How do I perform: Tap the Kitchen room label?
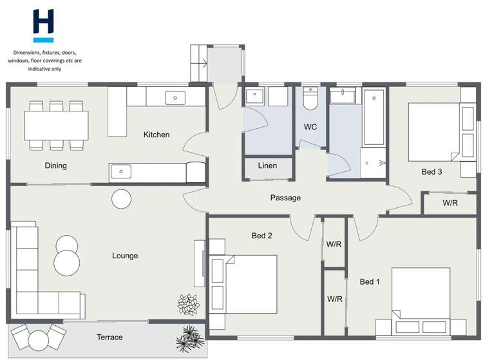(156, 135)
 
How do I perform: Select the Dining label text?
(56, 166)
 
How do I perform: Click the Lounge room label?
(125, 256)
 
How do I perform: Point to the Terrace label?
(109, 337)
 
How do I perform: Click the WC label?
(310, 127)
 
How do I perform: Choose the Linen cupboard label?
(267, 166)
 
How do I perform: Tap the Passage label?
(285, 198)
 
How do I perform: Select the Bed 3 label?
(431, 172)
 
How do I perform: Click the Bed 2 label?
(261, 236)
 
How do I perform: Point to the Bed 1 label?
(370, 281)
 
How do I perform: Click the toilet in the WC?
(310, 99)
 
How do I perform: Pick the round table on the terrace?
(39, 338)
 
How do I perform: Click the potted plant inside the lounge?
(189, 303)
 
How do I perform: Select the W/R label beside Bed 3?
(450, 203)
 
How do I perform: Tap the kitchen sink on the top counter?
(175, 98)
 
